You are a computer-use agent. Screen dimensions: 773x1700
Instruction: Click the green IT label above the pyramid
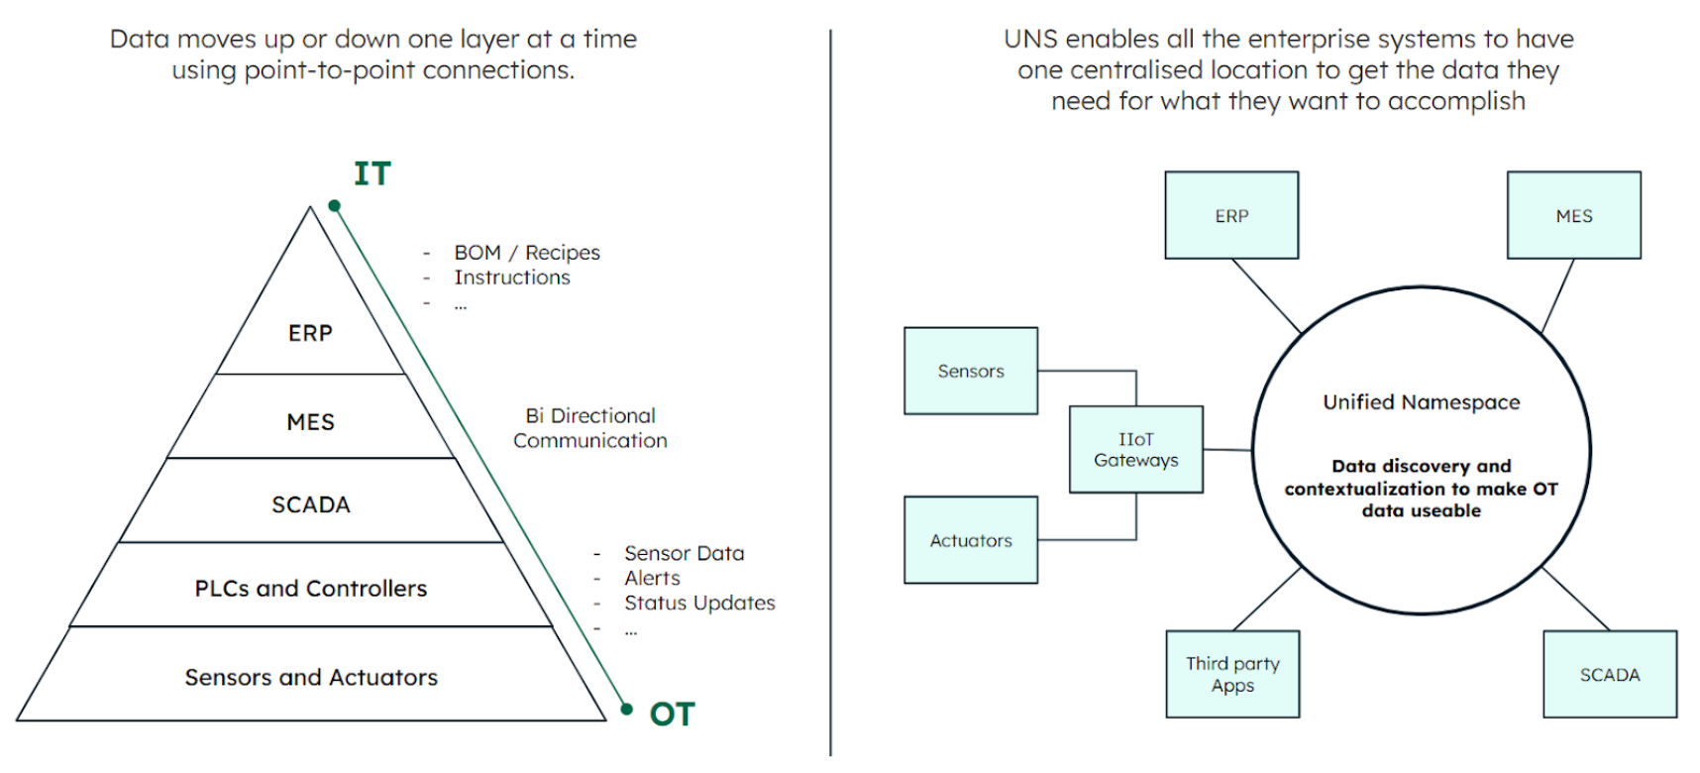tap(372, 173)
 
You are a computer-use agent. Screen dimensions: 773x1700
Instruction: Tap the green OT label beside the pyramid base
tap(672, 714)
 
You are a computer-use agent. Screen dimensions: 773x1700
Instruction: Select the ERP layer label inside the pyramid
tap(310, 333)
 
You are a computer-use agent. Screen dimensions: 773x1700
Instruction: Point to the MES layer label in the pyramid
tap(310, 422)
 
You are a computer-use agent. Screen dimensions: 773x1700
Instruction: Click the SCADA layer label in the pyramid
tap(310, 504)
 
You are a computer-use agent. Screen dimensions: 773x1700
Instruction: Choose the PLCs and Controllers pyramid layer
tap(310, 589)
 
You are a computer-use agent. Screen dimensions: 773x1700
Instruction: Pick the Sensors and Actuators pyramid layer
tap(310, 677)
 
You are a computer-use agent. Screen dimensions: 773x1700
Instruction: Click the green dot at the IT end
tap(335, 206)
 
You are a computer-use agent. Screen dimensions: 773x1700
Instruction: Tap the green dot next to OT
tap(626, 709)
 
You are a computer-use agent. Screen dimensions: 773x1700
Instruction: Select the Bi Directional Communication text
tap(590, 428)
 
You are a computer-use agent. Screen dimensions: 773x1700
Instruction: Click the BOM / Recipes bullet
tap(527, 253)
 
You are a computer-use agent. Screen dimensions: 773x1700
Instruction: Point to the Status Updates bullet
tap(699, 603)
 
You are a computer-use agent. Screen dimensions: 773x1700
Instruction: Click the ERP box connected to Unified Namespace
tap(1231, 215)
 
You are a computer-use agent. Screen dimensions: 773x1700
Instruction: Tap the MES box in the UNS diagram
tap(1573, 215)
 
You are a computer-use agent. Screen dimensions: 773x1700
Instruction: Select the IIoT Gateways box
tap(1135, 449)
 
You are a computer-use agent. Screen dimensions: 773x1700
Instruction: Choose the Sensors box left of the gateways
tap(971, 371)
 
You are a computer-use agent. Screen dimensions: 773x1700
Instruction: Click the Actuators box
tap(971, 540)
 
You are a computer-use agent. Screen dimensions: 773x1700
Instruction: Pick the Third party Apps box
tap(1232, 674)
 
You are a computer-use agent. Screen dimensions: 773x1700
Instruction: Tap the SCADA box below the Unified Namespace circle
tap(1610, 674)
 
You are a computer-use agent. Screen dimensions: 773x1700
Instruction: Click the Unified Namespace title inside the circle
tap(1421, 401)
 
